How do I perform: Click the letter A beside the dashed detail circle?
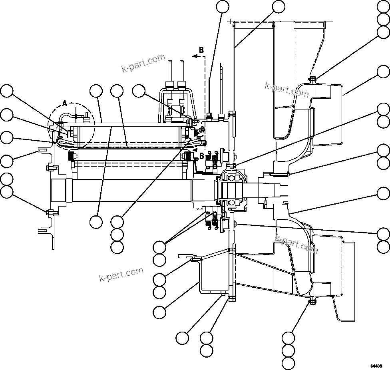pos(65,104)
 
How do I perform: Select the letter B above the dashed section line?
pos(201,50)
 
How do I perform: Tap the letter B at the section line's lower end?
pos(202,155)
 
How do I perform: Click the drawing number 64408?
pos(376,366)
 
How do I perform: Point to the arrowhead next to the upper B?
pos(195,57)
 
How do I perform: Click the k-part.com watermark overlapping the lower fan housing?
pos(296,244)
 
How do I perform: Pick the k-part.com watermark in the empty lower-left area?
pos(121,274)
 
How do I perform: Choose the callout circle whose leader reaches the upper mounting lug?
pos(6,161)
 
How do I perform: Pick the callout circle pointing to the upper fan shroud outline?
pos(384,72)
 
